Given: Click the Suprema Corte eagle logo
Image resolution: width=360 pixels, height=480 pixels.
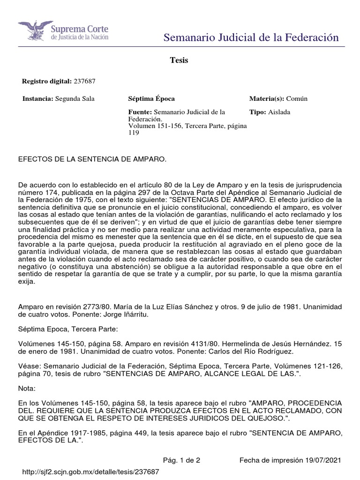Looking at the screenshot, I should pos(33,31).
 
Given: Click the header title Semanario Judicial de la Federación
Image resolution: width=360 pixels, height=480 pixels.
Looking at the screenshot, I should pos(251,37).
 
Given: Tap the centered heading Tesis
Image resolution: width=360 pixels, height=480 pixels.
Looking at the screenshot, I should pos(179,60).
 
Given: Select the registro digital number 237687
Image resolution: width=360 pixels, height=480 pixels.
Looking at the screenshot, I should pos(84,81).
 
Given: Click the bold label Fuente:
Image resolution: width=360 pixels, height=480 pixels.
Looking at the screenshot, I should pos(140,112).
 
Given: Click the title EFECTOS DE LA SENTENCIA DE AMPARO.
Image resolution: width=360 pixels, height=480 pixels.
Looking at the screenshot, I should pos(92,160).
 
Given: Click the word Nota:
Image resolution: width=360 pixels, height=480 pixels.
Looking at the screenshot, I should pos(26,389).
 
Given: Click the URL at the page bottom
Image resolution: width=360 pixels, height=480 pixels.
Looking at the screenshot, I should pos(89,472).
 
